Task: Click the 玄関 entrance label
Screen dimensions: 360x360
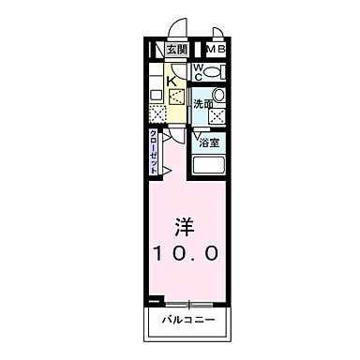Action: pos(177,50)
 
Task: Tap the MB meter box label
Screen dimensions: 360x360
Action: pos(216,50)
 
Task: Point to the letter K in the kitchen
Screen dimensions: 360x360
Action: pos(172,81)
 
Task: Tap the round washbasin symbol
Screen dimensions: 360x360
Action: pos(217,96)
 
